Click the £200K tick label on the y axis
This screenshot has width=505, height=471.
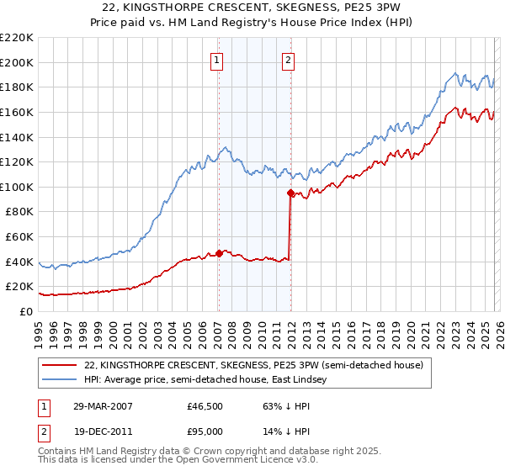coord(17,62)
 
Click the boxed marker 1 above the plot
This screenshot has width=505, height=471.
coord(217,60)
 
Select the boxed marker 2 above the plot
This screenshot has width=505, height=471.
coord(289,60)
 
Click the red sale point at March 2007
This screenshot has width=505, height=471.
coord(219,253)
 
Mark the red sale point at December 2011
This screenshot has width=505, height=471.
coord(290,193)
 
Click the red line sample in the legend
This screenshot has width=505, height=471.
coord(60,365)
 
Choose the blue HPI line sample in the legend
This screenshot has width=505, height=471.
coord(60,380)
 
